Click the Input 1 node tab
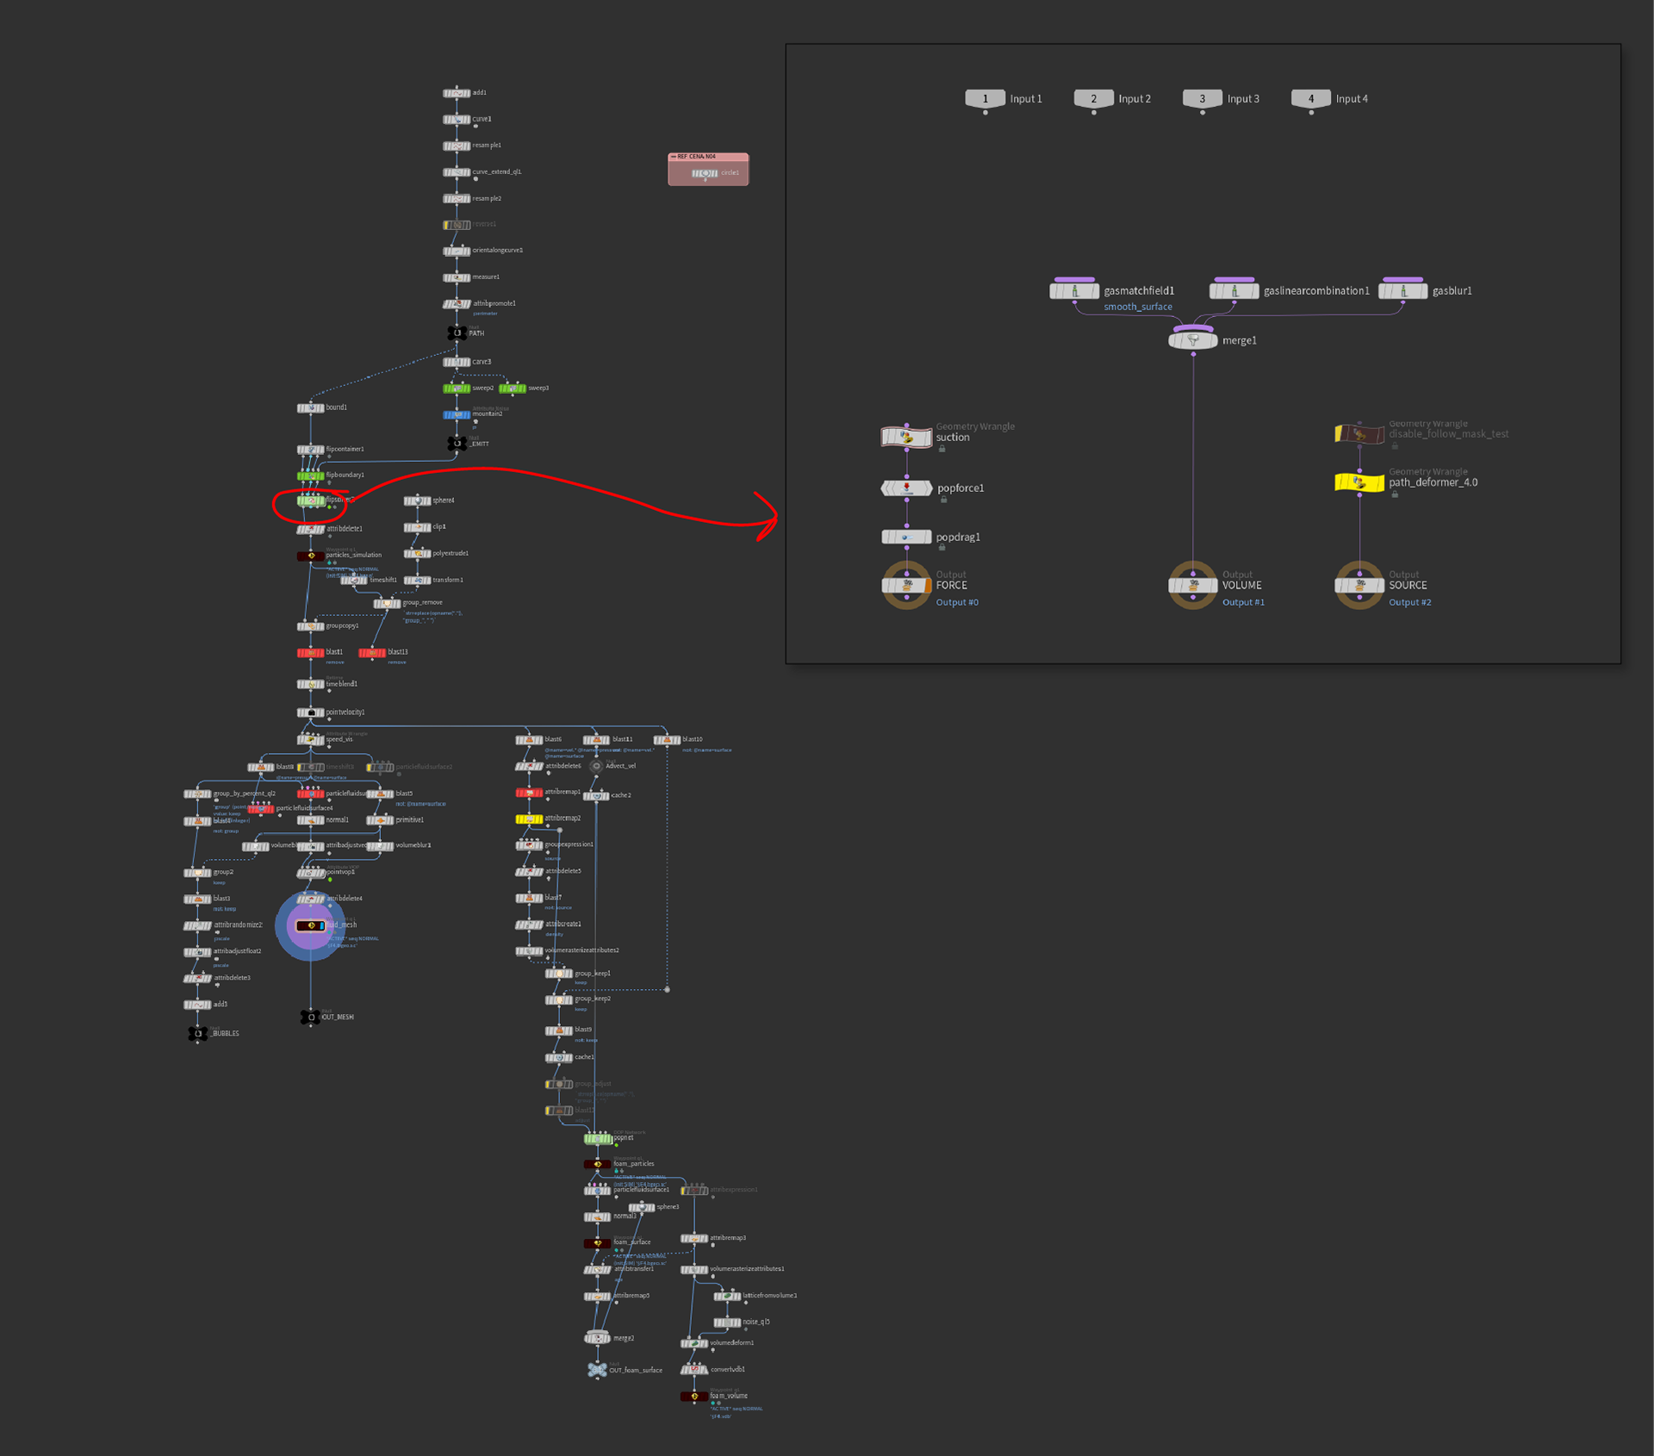point(985,99)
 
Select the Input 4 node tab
point(1310,99)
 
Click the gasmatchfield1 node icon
point(1074,291)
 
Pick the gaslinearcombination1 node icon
point(1234,291)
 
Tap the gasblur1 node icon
point(1402,291)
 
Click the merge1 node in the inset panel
point(1193,340)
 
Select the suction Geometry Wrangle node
point(906,437)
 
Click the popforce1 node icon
point(906,488)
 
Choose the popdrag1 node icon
point(906,538)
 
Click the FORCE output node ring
point(906,586)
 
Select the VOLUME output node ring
point(1193,586)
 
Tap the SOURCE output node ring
point(1359,586)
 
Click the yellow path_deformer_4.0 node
point(1359,482)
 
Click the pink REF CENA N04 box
point(708,169)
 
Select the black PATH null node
point(457,333)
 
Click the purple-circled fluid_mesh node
point(310,925)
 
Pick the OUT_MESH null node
point(310,1017)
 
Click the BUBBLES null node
point(198,1033)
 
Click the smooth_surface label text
point(1138,308)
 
